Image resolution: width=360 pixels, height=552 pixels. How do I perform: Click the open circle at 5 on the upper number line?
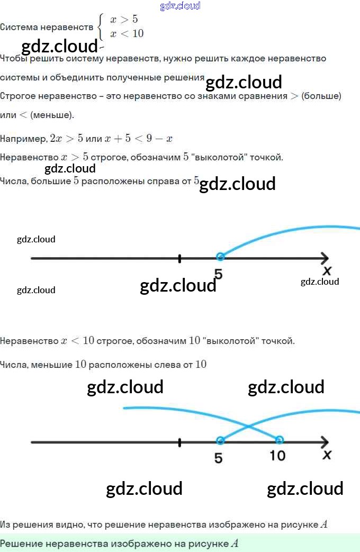coord(220,257)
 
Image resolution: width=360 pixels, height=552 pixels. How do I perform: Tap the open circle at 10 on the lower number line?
coord(280,440)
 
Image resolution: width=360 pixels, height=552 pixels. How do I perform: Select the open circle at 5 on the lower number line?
coord(220,440)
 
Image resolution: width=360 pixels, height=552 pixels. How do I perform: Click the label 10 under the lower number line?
coord(277,455)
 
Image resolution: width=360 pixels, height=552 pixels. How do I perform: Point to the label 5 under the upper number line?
coord(218,274)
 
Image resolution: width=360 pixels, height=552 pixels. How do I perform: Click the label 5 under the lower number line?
coord(219,457)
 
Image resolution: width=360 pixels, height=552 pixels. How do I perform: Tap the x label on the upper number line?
coord(327,271)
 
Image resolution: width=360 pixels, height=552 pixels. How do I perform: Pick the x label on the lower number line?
coord(327,455)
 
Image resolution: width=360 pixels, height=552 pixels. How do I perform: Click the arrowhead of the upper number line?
coord(324,258)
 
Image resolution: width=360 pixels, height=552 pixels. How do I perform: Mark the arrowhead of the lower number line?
coord(324,442)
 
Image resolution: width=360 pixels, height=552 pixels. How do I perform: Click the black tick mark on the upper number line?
coord(180,258)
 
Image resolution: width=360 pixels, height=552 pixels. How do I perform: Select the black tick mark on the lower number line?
coord(180,442)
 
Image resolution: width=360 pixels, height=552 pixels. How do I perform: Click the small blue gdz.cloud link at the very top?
coord(180,6)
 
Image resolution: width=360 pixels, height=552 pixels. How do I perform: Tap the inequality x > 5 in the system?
coord(124,20)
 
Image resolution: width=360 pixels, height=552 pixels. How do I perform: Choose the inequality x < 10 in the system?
coord(127,33)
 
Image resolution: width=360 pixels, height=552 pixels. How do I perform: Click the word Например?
coord(23,139)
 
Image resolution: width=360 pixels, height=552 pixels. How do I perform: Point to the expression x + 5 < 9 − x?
coord(138,139)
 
